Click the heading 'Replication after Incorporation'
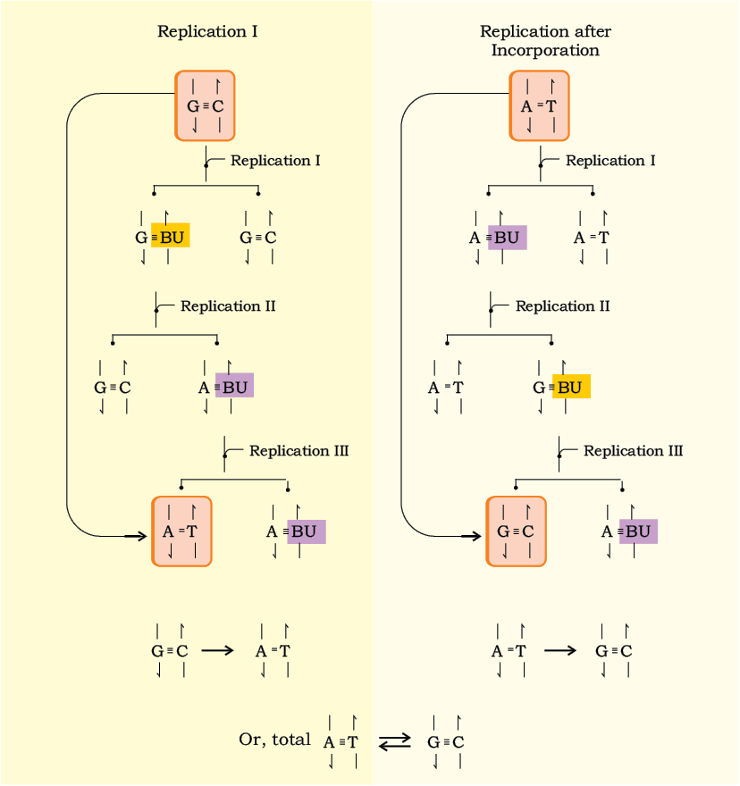click(x=545, y=40)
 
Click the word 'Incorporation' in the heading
click(x=545, y=50)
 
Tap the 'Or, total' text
click(x=275, y=740)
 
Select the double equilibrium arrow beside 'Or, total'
click(x=395, y=742)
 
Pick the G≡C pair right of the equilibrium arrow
click(x=445, y=742)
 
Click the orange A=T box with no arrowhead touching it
click(x=539, y=105)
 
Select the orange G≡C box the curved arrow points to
click(x=517, y=531)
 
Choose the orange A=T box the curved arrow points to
click(x=181, y=531)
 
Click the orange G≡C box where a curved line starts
click(x=205, y=105)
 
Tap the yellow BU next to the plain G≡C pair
click(x=171, y=236)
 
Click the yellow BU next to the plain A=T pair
click(x=571, y=387)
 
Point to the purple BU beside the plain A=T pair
click(x=508, y=238)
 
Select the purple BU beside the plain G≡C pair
click(x=234, y=386)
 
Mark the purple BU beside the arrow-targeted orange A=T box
click(x=307, y=531)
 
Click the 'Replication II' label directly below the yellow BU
click(x=228, y=305)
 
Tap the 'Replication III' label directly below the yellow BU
click(x=633, y=451)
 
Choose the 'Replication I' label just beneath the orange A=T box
click(x=610, y=161)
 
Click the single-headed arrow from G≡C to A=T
click(x=218, y=650)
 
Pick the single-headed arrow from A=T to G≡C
click(x=560, y=650)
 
